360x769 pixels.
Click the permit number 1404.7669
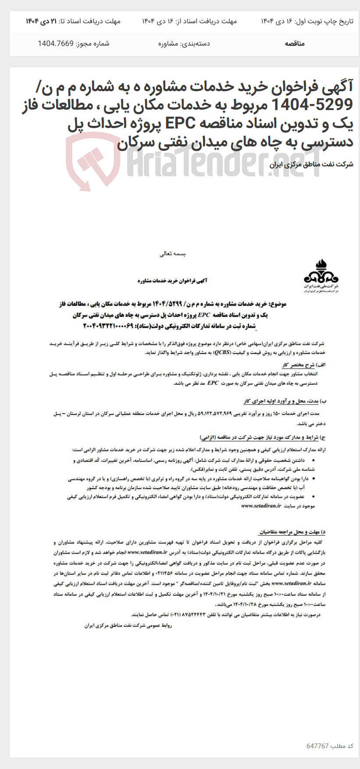point(55,43)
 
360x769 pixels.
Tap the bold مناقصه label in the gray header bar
point(294,43)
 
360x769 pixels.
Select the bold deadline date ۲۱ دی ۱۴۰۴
point(41,21)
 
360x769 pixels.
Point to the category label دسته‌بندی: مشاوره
point(184,43)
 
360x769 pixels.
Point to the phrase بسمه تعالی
point(173,254)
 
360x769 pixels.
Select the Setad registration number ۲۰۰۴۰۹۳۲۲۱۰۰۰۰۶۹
point(107,326)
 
